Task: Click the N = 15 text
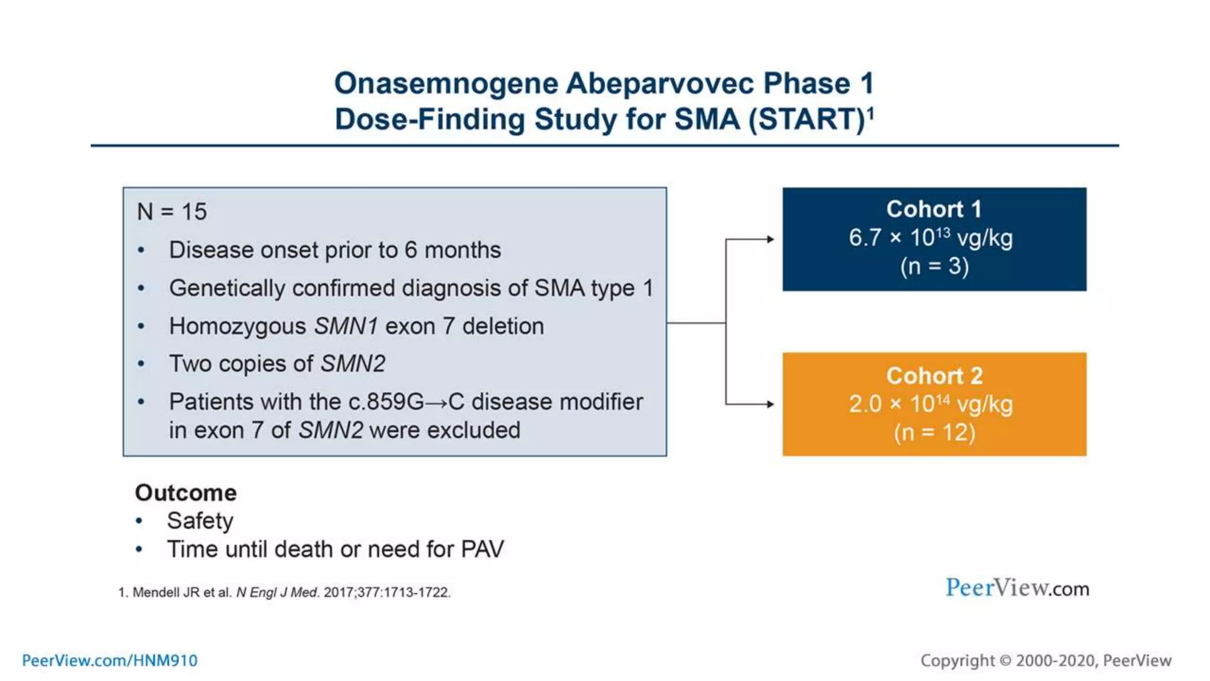[x=172, y=212]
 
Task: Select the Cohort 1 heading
[x=933, y=209]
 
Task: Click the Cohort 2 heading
[x=933, y=376]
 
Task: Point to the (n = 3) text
[x=934, y=267]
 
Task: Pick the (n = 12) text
[x=934, y=433]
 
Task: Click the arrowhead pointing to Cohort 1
[x=770, y=239]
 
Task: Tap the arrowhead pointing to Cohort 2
[x=770, y=404]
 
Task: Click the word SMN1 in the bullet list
[x=346, y=326]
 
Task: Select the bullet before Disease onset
[x=141, y=251]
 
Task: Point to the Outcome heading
[x=186, y=493]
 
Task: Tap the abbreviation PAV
[x=482, y=550]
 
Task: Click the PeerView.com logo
[x=1017, y=588]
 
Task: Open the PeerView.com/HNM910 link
[x=110, y=660]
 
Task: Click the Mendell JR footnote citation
[x=284, y=592]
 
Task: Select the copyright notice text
[x=1045, y=660]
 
